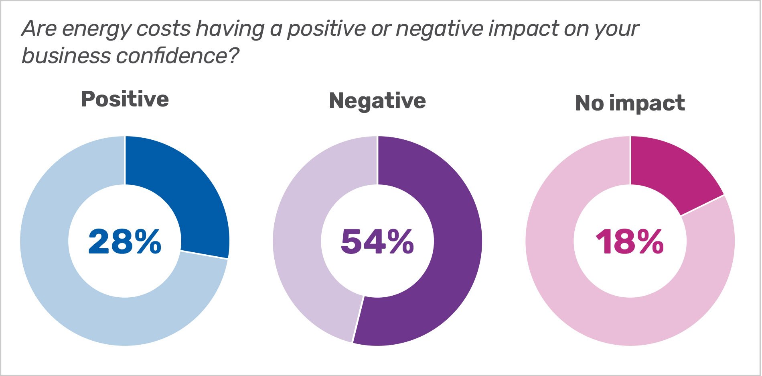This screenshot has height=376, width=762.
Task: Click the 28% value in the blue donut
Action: tap(125, 241)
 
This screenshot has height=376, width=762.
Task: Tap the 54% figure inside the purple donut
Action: tap(377, 241)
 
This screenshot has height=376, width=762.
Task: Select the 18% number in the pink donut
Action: tap(630, 241)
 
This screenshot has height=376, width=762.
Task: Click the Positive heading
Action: tap(125, 99)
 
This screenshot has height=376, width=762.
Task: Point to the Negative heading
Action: tap(377, 100)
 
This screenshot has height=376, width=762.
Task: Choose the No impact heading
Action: tap(630, 103)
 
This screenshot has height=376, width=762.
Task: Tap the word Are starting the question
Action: tap(39, 29)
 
